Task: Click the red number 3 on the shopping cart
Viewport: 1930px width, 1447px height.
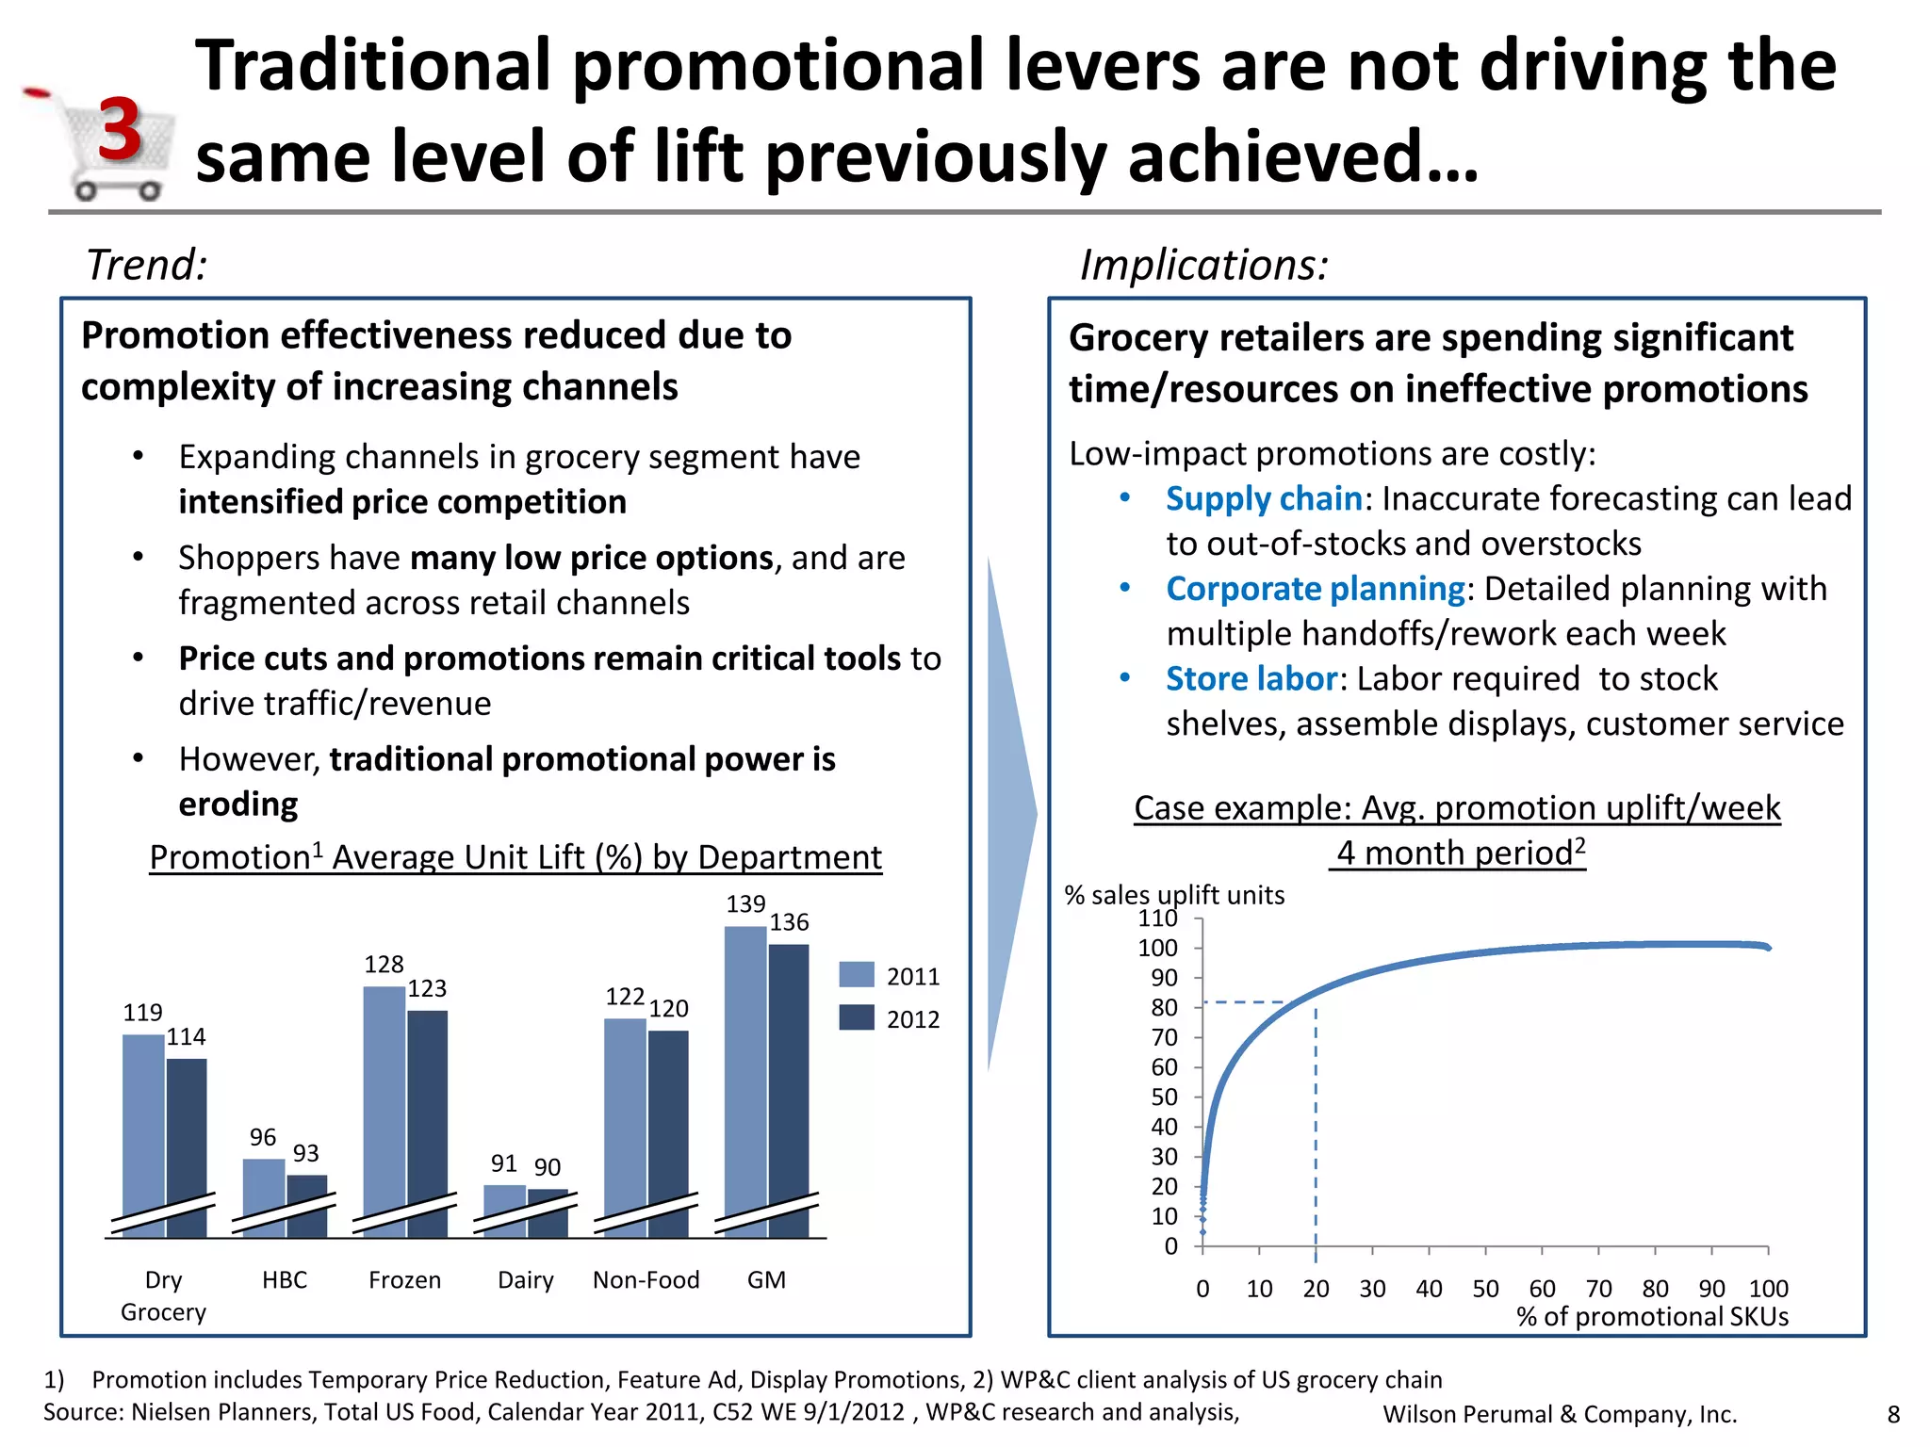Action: pyautogui.click(x=120, y=130)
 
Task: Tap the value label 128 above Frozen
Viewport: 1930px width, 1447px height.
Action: pyautogui.click(x=384, y=965)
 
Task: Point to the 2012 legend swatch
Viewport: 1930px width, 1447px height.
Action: pyautogui.click(x=857, y=1017)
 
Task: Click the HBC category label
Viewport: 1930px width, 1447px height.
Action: pyautogui.click(x=285, y=1279)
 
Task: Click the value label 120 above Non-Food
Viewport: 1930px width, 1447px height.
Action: pyautogui.click(x=668, y=1009)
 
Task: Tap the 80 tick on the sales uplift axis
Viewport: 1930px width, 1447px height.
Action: pyautogui.click(x=1165, y=1007)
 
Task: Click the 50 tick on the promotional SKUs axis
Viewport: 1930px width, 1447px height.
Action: pyautogui.click(x=1485, y=1288)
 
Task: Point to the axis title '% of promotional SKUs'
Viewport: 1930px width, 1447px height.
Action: pyautogui.click(x=1652, y=1316)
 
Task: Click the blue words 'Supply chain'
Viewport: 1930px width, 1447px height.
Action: pyautogui.click(x=1263, y=498)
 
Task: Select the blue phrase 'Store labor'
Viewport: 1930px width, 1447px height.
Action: pyautogui.click(x=1251, y=678)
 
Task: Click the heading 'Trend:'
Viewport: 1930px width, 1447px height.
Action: pyautogui.click(x=146, y=265)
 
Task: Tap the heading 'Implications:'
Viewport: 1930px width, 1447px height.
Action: pyautogui.click(x=1203, y=265)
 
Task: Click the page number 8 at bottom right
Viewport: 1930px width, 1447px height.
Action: pyautogui.click(x=1893, y=1414)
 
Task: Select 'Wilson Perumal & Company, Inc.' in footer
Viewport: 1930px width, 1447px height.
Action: pyautogui.click(x=1560, y=1414)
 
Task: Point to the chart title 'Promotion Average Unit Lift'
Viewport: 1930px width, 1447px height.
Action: pyautogui.click(x=515, y=857)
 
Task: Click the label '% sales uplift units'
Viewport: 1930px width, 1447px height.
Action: pyautogui.click(x=1174, y=895)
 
